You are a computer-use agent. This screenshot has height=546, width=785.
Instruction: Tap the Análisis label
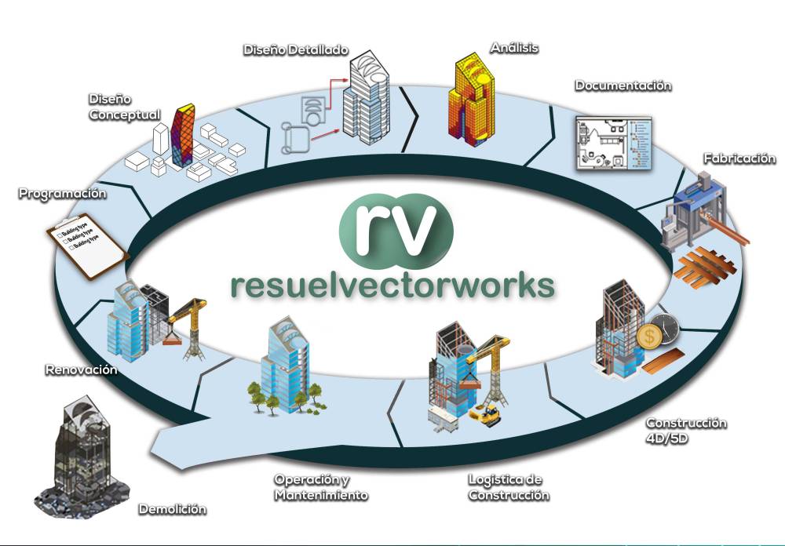514,48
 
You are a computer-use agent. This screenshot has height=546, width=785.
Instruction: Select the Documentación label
623,86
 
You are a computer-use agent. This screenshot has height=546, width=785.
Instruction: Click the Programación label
62,193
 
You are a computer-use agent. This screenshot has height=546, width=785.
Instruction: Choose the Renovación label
81,369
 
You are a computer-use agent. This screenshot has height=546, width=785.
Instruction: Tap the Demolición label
173,509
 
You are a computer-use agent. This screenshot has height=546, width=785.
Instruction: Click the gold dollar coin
648,338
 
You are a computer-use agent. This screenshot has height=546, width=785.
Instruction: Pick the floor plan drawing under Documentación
611,144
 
